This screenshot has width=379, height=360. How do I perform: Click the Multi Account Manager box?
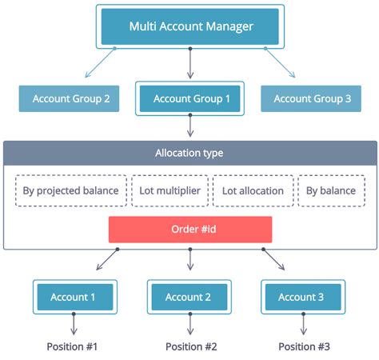point(190,26)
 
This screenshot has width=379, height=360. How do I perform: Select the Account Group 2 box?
point(70,99)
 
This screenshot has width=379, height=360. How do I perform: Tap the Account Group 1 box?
point(190,99)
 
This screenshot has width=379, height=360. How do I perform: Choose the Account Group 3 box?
point(312,99)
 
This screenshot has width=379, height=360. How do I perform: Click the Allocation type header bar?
point(189,152)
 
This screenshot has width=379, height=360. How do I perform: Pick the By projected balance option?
point(70,191)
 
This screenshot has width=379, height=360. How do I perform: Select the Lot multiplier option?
point(170,191)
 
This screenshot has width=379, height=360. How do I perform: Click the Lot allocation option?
point(253,191)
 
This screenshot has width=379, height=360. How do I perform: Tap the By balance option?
point(332,191)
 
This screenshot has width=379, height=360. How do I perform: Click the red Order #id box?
point(190,230)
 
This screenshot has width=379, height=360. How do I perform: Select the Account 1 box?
point(74,297)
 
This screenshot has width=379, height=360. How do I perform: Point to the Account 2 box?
point(189,297)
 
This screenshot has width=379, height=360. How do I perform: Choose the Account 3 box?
point(301,297)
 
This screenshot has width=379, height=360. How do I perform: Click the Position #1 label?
point(74,346)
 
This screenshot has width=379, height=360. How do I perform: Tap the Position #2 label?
point(190,346)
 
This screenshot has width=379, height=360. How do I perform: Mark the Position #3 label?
point(304,346)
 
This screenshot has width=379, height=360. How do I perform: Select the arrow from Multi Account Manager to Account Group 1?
point(190,63)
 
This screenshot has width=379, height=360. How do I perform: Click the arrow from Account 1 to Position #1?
point(74,324)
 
